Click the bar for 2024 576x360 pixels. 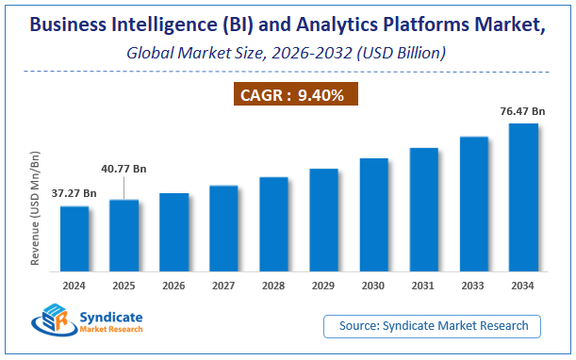click(74, 238)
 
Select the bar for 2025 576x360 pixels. click(123, 235)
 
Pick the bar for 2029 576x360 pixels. click(323, 220)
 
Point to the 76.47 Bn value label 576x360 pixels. click(523, 111)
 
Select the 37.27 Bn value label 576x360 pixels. click(74, 193)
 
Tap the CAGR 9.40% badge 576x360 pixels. click(287, 94)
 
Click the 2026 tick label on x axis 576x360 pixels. click(173, 285)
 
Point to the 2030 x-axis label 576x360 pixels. click(373, 285)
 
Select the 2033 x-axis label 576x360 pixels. click(473, 285)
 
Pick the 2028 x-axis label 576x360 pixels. click(273, 285)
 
